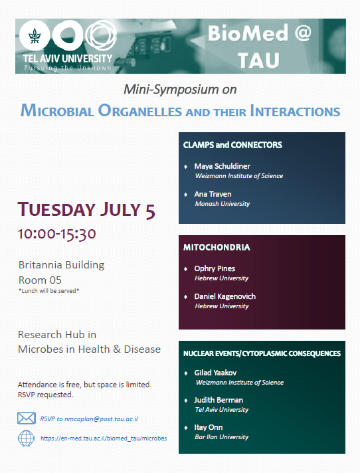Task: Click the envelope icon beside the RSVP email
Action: [27, 418]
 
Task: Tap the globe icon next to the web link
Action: [26, 438]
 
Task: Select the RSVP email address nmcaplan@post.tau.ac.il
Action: [101, 419]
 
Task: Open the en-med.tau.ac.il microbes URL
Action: [104, 438]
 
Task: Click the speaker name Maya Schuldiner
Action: [223, 166]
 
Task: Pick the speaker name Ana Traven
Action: [213, 194]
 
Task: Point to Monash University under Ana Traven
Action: [223, 204]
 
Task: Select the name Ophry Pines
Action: [215, 268]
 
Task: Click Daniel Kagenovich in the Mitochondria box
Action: [225, 296]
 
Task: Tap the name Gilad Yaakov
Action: [215, 373]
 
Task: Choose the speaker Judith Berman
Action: [219, 400]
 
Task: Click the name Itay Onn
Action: [209, 427]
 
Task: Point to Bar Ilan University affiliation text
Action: [222, 437]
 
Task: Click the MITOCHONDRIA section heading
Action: [217, 247]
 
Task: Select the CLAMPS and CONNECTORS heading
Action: [232, 145]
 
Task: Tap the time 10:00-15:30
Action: [56, 234]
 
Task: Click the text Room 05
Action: [40, 280]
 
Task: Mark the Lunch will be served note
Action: [49, 291]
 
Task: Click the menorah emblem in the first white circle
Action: [35, 36]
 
